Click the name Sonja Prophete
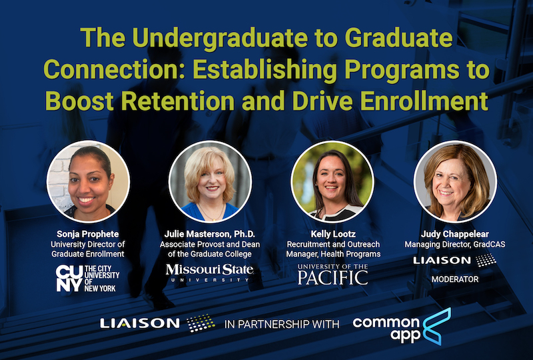[88, 234]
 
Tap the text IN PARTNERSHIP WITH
[282, 325]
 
